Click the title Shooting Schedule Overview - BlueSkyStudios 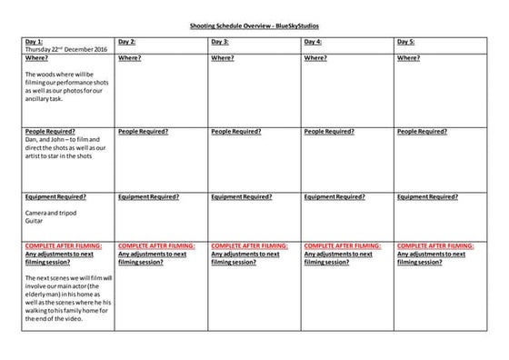pos(254,28)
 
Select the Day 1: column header pos(35,42)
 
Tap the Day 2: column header pos(127,42)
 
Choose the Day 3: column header pos(220,42)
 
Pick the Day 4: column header pos(313,42)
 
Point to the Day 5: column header pos(406,42)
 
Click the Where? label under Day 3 pos(223,57)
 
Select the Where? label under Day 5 pos(408,57)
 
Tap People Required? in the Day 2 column pos(143,131)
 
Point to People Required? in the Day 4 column pos(328,131)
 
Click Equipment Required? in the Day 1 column pos(56,196)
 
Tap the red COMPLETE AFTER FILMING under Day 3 pos(250,245)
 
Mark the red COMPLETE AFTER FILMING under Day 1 pos(64,245)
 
